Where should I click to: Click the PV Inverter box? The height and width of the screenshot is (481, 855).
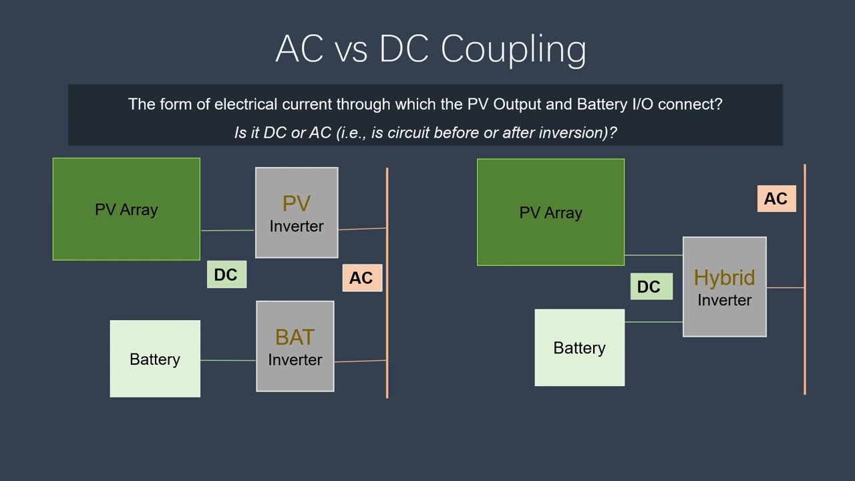(297, 212)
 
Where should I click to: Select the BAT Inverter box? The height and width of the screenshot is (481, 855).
(295, 346)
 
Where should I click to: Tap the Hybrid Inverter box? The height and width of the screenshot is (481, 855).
(724, 287)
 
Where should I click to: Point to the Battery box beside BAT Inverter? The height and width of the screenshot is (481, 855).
(155, 359)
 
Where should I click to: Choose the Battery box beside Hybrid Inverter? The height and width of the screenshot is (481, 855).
(579, 347)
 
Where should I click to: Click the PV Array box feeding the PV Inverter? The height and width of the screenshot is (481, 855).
(126, 209)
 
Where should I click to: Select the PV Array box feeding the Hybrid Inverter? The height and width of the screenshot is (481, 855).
(550, 212)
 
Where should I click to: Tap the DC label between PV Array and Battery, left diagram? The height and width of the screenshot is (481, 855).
(226, 275)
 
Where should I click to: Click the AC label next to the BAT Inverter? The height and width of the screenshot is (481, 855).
(361, 278)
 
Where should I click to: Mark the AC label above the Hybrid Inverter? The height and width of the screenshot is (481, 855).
(776, 198)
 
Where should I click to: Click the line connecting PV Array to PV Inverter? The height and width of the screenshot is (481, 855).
(227, 230)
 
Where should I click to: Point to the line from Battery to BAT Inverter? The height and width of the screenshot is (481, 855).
(228, 361)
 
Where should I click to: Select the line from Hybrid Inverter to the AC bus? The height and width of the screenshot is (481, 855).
(785, 287)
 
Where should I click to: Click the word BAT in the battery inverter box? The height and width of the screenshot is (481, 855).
(295, 337)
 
